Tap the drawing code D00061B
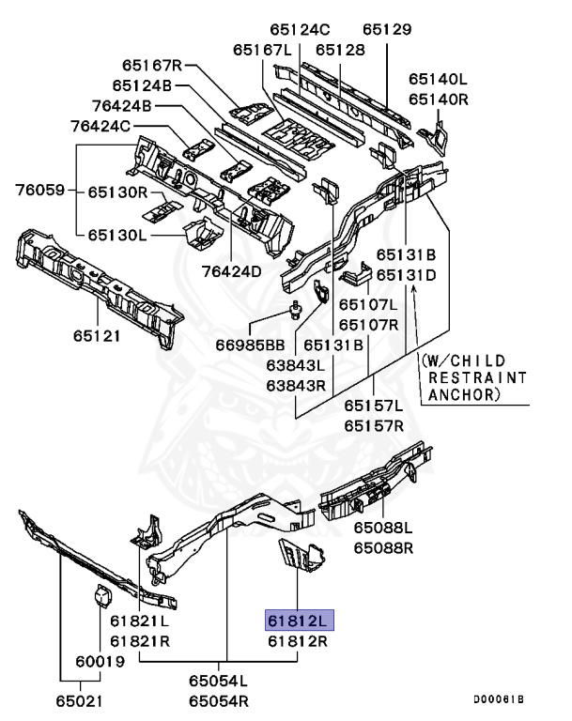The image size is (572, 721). (498, 699)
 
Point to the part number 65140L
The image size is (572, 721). (438, 79)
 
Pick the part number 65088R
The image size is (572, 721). (383, 547)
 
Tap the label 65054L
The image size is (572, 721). (219, 680)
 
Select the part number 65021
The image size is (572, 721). (79, 700)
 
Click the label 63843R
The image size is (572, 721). (295, 386)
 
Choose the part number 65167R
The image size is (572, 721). (151, 66)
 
